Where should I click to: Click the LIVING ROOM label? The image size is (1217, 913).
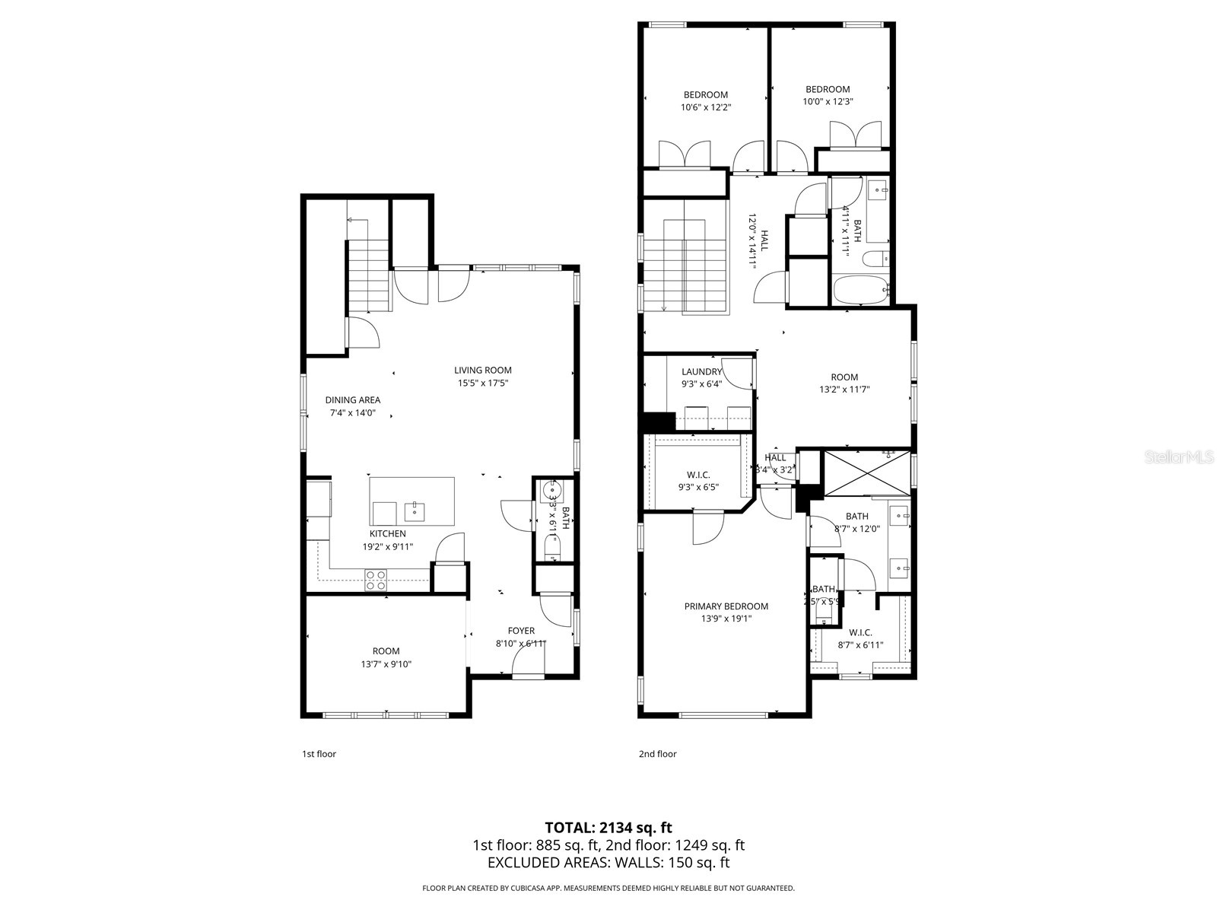(483, 371)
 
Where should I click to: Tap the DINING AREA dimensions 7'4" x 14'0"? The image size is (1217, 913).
(352, 413)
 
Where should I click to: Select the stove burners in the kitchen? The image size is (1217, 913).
(376, 581)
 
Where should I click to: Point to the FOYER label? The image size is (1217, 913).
(521, 631)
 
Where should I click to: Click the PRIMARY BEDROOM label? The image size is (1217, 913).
(726, 606)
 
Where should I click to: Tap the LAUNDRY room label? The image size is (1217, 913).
(701, 372)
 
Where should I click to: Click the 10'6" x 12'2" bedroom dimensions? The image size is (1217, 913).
(705, 107)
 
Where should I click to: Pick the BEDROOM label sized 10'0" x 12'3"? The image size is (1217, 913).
(828, 89)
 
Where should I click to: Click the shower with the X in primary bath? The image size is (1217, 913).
(867, 472)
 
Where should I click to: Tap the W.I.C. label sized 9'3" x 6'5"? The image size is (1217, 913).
(697, 475)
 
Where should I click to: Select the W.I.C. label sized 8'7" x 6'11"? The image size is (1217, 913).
(860, 632)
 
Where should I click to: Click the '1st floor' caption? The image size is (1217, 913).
(319, 754)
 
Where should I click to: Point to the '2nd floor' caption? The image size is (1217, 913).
(657, 754)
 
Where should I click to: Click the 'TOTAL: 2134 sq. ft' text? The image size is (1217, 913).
(608, 827)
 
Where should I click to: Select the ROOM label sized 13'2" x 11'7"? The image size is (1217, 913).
(844, 377)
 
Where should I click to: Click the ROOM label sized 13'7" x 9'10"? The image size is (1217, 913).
(386, 651)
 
